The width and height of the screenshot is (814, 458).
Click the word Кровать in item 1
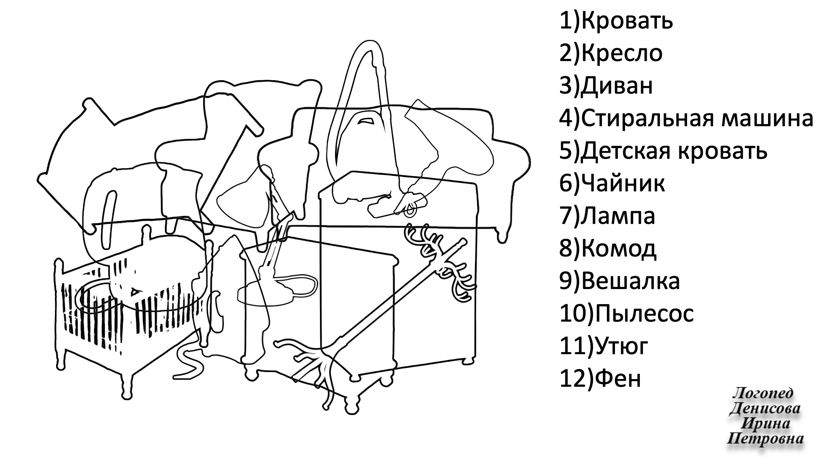(627, 21)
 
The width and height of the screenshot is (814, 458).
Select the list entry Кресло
(621, 54)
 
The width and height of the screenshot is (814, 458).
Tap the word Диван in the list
(617, 86)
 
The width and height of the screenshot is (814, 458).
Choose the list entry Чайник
(623, 184)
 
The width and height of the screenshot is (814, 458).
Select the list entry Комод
(619, 249)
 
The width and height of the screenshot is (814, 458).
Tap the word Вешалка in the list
(630, 282)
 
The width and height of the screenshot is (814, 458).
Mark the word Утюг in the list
(621, 347)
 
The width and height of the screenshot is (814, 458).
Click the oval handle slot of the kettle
(108, 220)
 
